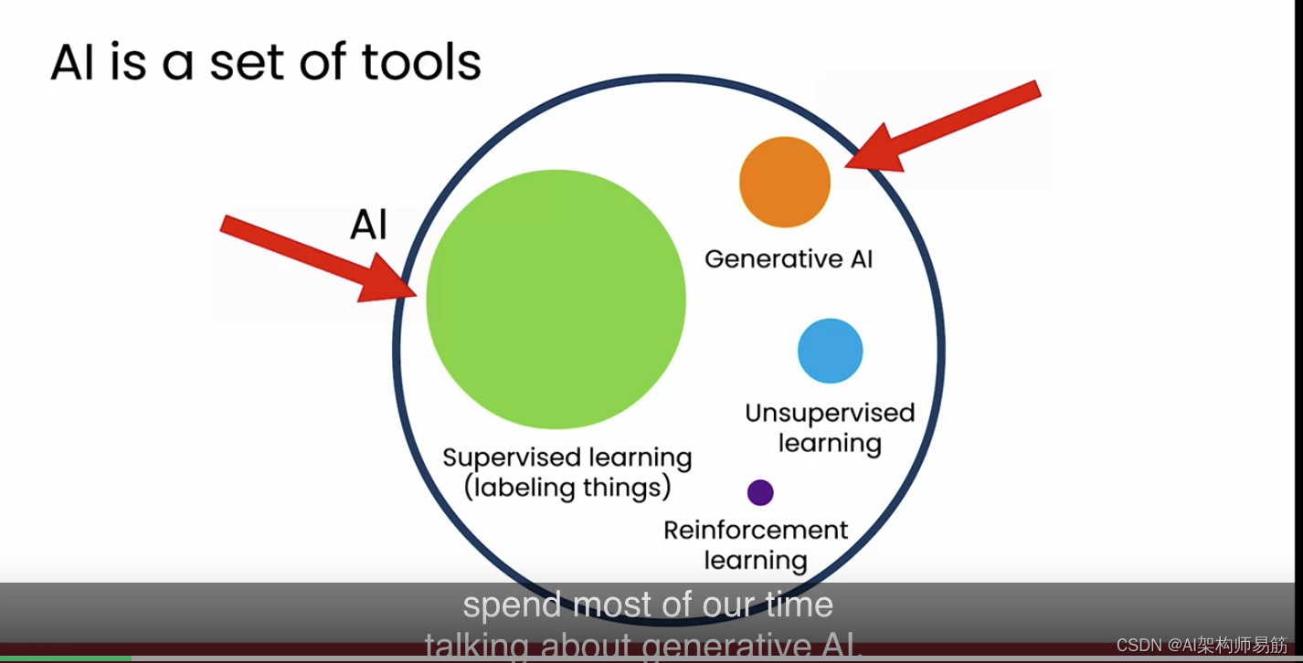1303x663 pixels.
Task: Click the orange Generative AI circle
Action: coord(784,182)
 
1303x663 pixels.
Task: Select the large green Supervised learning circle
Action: coord(556,299)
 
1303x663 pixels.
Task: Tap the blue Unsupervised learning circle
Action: coord(830,351)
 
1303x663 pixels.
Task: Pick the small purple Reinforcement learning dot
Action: coord(760,493)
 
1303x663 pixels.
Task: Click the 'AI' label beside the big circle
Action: coord(368,225)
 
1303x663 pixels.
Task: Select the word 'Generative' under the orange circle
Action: coord(765,259)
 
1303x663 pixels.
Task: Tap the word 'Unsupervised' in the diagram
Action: coord(830,414)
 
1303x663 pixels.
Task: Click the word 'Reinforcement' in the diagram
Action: coord(756,531)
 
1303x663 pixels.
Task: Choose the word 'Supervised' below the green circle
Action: coord(512,458)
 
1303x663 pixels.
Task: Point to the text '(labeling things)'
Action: coord(567,488)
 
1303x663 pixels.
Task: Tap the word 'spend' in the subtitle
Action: coord(512,605)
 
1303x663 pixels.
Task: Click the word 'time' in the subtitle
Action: coord(799,605)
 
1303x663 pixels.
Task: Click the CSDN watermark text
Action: coord(1202,646)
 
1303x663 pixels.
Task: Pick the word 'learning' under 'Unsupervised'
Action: coord(830,444)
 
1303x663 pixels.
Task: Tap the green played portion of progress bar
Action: coord(64,658)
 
